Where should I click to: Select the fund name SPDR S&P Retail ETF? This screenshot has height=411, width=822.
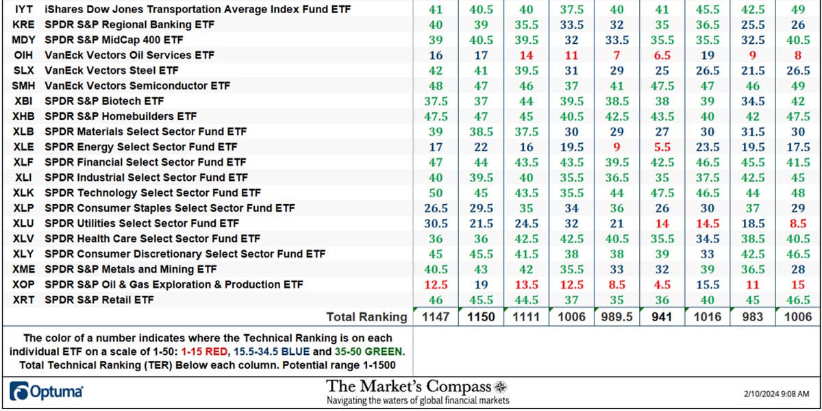coord(97,299)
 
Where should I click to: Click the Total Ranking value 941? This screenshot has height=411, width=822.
coord(662,317)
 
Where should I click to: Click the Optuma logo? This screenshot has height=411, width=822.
coord(47,391)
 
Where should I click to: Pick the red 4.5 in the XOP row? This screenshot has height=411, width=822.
coord(662,284)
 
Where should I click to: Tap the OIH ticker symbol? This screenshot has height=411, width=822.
coord(21,55)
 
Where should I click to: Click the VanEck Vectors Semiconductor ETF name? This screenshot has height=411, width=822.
coord(137,86)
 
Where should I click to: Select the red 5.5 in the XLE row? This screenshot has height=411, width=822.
coord(662,147)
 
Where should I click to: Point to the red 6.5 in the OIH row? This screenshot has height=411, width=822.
coord(662,55)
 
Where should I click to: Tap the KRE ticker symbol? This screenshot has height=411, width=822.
coord(21,25)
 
